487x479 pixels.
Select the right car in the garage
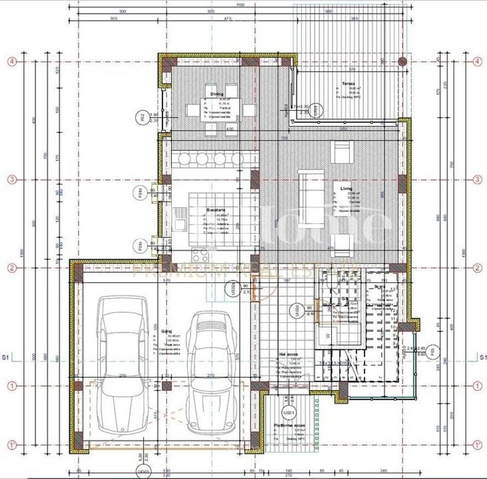[211, 367]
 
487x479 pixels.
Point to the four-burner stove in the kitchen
[200, 254]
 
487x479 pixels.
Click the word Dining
[216, 94]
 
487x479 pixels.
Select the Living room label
[339, 188]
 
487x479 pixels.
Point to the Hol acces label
[288, 354]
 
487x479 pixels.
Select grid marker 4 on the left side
[12, 61]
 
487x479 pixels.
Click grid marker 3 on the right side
[477, 179]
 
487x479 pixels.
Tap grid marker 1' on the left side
[12, 444]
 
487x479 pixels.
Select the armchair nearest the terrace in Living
[340, 152]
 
